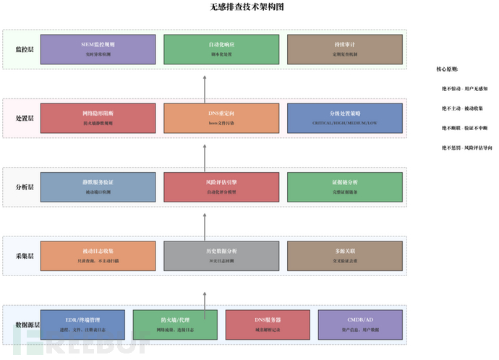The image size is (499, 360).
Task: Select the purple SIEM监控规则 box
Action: pyautogui.click(x=98, y=48)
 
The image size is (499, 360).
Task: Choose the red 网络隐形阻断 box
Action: pyautogui.click(x=98, y=118)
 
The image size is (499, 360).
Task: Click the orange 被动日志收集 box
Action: pyautogui.click(x=98, y=256)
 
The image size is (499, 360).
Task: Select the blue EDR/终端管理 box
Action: pyautogui.click(x=83, y=325)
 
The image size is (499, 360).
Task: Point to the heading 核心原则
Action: pyautogui.click(x=448, y=69)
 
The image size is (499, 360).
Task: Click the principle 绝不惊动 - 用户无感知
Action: pyautogui.click(x=464, y=88)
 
